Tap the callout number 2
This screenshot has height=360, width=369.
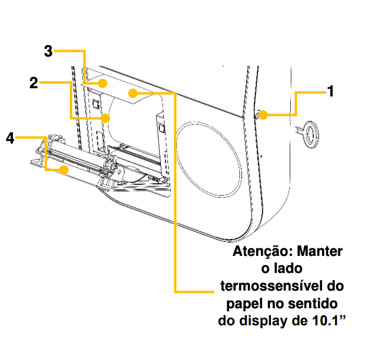(34, 83)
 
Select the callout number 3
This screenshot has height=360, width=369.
(49, 52)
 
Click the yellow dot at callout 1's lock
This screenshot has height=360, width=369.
(263, 115)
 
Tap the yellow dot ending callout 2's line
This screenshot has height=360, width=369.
(106, 118)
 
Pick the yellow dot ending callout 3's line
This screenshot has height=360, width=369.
(102, 82)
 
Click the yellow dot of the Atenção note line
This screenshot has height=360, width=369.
(135, 92)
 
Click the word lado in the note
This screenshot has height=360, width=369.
(288, 269)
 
